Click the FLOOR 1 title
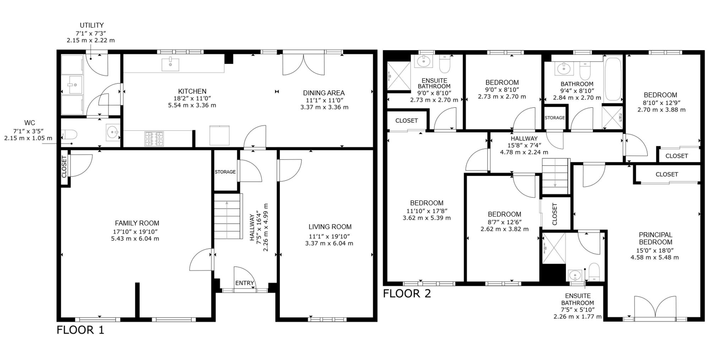(80, 330)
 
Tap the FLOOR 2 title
(407, 294)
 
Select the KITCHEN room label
(192, 91)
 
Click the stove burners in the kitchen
(154, 138)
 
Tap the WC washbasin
(113, 132)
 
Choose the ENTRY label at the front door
(245, 283)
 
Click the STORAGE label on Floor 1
(225, 172)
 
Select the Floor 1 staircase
(228, 216)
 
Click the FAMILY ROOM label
(137, 223)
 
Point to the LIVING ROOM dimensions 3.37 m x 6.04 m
(329, 243)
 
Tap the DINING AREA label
(324, 93)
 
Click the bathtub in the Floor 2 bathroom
(613, 80)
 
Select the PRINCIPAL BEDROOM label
(656, 238)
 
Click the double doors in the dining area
(304, 64)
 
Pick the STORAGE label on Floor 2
(555, 118)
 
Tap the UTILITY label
(92, 25)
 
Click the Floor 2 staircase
(556, 176)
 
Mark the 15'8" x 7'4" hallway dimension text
(524, 145)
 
